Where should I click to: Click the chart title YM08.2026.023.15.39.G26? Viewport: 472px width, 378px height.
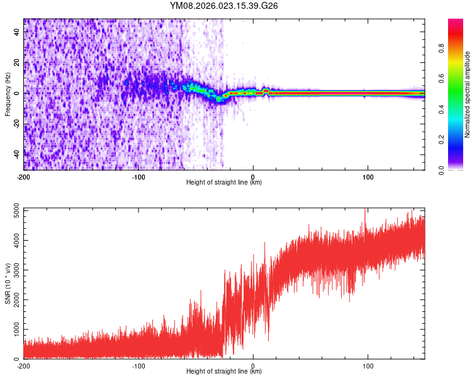coord(224,6)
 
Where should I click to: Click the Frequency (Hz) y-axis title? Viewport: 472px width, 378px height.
coord(8,94)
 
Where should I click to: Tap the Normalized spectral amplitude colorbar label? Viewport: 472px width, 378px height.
coord(467,94)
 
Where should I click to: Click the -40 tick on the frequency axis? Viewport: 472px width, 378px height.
coord(16,153)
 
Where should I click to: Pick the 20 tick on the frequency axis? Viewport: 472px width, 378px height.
coord(17,62)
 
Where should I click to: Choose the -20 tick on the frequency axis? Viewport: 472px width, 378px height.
coord(16,123)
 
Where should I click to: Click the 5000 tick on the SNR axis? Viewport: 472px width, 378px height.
coord(13,210)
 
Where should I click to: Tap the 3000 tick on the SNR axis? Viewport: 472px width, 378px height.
coord(13,270)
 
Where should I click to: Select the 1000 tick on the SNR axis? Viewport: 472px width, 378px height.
coord(13,329)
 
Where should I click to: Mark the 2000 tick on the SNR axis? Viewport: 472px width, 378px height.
coord(13,300)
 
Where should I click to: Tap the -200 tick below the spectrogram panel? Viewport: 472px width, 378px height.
coord(24,176)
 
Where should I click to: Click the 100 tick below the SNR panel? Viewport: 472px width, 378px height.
coord(368,365)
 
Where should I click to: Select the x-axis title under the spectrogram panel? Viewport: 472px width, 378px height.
coord(224,182)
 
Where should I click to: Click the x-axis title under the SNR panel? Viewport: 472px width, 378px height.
coord(224,372)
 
